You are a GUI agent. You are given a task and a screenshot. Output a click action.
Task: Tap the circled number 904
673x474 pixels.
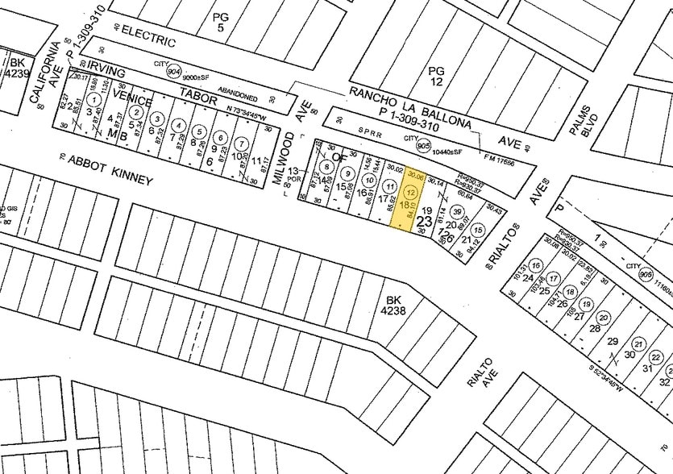(x=173, y=69)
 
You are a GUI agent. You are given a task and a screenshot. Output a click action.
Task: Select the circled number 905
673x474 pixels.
(x=422, y=146)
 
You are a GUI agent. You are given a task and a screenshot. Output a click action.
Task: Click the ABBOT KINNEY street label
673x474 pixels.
(x=110, y=170)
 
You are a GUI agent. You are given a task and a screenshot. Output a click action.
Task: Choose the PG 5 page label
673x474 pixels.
(x=220, y=22)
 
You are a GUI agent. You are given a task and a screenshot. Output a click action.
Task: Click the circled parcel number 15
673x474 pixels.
(x=479, y=231)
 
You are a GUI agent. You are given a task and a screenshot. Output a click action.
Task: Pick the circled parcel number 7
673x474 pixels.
(x=240, y=143)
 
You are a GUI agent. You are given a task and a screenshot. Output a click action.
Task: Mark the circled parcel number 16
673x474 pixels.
(x=535, y=265)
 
